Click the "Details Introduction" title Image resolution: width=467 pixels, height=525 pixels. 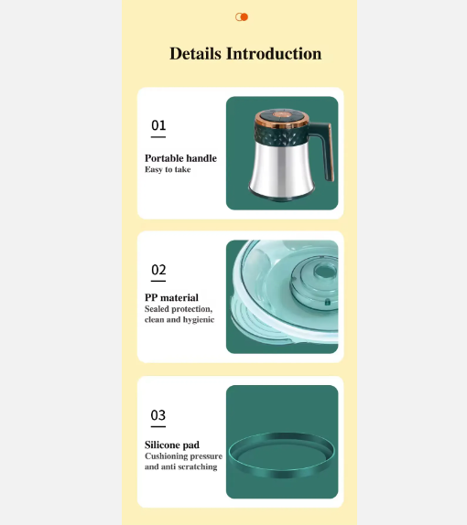point(245,54)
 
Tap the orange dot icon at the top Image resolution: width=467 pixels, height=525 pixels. point(243,16)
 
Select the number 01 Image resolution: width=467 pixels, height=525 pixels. point(158,125)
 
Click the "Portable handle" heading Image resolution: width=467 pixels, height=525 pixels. point(180,158)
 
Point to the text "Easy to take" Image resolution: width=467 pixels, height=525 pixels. point(168,170)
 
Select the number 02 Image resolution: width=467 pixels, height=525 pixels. point(158,270)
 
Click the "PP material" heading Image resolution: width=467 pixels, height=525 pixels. point(171,297)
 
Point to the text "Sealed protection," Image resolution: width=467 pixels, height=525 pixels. point(178,309)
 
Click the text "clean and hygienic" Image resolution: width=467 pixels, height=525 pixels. point(179,320)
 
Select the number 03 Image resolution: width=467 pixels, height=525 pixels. point(158,416)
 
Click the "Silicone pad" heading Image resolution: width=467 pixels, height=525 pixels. point(171,445)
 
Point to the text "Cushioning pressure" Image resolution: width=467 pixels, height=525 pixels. point(183,455)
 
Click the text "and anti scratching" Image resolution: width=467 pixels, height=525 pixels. point(180,466)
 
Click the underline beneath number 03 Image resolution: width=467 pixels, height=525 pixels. point(158,427)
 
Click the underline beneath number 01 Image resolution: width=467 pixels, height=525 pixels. point(158,137)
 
